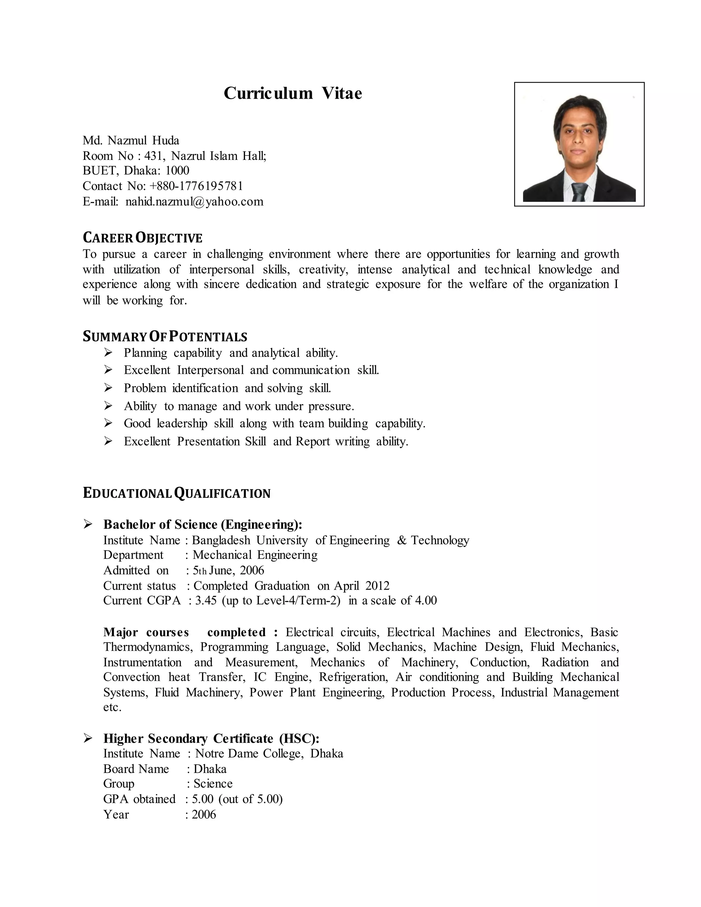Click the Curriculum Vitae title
(293, 93)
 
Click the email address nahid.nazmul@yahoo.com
(194, 202)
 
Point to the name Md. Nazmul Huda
(131, 140)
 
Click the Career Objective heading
(142, 238)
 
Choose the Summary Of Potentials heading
(165, 336)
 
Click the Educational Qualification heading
(177, 493)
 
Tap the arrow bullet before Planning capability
(109, 353)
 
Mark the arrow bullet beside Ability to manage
(109, 406)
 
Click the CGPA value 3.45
(206, 601)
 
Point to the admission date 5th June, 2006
(228, 570)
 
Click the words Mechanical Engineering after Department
(255, 555)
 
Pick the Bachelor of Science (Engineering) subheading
(203, 524)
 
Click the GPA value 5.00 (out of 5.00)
(237, 799)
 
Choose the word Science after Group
(213, 784)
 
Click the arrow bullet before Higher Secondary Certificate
(88, 738)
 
